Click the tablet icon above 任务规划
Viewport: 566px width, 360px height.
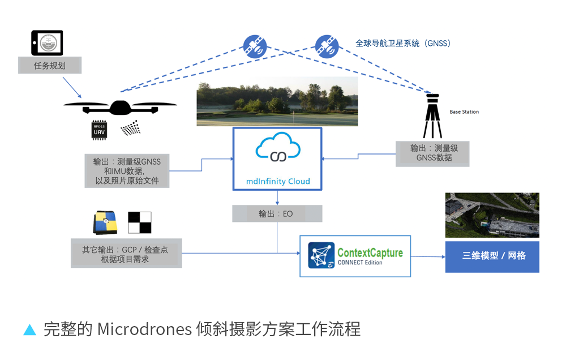click(47, 42)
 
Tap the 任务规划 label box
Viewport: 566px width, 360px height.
click(50, 66)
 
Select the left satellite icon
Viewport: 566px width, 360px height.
click(255, 46)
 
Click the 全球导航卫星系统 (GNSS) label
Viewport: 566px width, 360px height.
click(403, 43)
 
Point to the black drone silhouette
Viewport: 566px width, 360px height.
click(119, 106)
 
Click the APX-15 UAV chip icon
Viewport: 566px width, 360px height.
click(100, 130)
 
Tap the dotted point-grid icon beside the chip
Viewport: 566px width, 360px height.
click(131, 128)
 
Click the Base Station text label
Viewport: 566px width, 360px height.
click(464, 112)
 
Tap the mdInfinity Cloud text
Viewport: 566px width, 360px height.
click(277, 181)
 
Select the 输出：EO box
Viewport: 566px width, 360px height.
click(277, 214)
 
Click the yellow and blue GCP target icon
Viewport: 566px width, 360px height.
click(105, 223)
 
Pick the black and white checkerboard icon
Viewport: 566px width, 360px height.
click(140, 222)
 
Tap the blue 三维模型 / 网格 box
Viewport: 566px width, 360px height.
click(492, 256)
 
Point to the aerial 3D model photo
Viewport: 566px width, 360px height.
click(492, 215)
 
